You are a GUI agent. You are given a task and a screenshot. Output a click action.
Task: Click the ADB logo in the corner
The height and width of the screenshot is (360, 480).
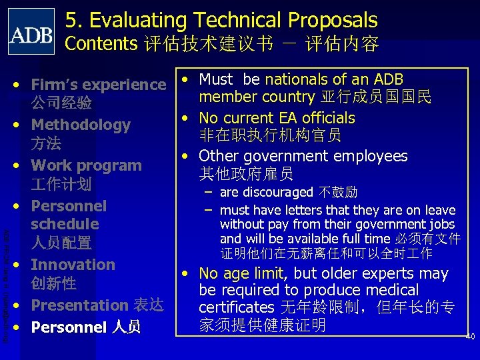click(x=31, y=31)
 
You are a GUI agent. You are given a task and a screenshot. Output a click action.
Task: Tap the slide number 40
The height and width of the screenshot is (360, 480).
click(x=469, y=337)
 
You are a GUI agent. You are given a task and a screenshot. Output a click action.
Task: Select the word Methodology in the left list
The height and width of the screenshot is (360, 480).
click(x=81, y=125)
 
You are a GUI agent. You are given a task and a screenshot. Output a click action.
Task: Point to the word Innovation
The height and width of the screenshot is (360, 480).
click(x=73, y=265)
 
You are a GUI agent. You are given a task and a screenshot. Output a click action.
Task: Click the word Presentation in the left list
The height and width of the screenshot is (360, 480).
click(x=79, y=305)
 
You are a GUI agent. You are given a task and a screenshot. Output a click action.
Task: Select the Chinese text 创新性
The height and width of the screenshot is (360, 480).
click(x=53, y=283)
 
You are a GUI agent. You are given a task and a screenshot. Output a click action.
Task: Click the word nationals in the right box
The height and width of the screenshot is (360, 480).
click(x=296, y=80)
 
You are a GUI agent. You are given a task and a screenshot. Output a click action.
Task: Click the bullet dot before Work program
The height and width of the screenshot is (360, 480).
click(x=21, y=165)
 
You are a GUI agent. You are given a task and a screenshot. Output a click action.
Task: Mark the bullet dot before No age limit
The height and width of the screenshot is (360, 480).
click(x=189, y=273)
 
